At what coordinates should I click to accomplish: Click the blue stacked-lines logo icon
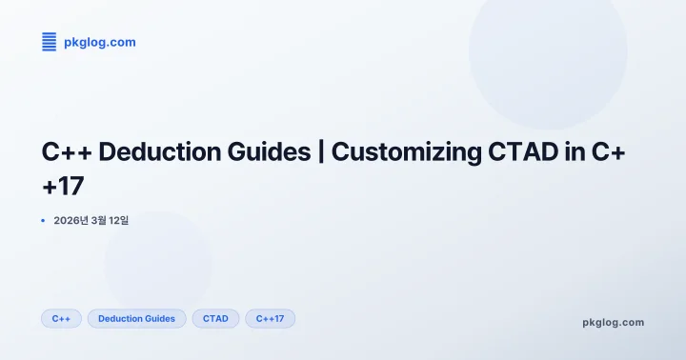[x=50, y=41]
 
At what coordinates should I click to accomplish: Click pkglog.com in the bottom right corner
[x=613, y=322]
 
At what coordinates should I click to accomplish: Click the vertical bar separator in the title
[x=319, y=152]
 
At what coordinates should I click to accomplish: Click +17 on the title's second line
[x=63, y=185]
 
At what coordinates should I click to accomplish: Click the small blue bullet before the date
[x=43, y=221]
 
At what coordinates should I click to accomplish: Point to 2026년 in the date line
[x=71, y=221]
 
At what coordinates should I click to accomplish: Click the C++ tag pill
[x=61, y=318]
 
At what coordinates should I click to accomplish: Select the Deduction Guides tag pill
[x=136, y=318]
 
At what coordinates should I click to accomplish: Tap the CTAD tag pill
[x=215, y=318]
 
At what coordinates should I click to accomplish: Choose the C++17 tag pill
[x=270, y=318]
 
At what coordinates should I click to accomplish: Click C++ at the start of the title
[x=67, y=152]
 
